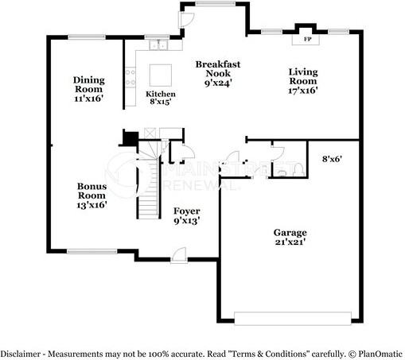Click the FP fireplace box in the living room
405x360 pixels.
[x=306, y=38]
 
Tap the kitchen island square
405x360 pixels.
[x=161, y=75]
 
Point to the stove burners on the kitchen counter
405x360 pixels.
[x=130, y=79]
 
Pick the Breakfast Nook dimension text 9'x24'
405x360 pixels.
[x=216, y=82]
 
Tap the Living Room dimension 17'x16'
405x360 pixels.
[x=302, y=91]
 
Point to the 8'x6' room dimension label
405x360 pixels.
[x=331, y=158]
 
